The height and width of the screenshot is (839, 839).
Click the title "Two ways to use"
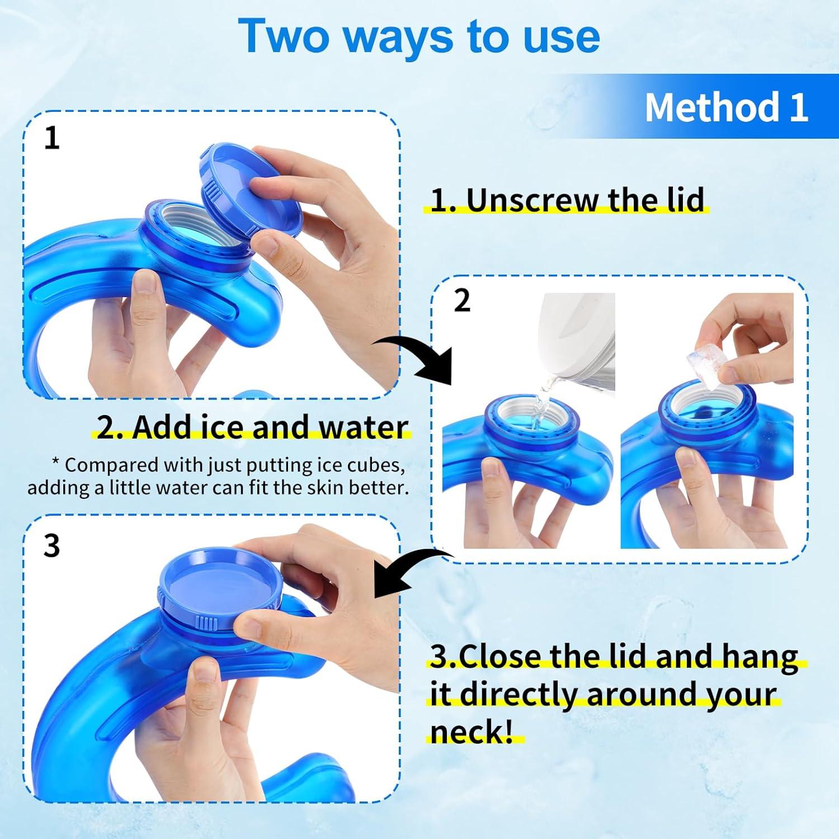[419, 36]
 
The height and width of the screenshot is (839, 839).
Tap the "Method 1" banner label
[726, 107]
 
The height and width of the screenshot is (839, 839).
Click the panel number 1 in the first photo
[51, 138]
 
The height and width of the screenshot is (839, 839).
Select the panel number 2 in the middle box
[461, 301]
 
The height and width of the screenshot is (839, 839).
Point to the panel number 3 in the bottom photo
[51, 545]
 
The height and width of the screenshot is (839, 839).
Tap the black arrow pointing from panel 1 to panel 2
[419, 358]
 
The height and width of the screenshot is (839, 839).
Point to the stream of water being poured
[540, 400]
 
